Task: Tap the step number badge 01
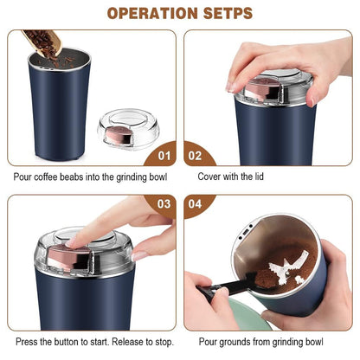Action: point(162,156)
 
